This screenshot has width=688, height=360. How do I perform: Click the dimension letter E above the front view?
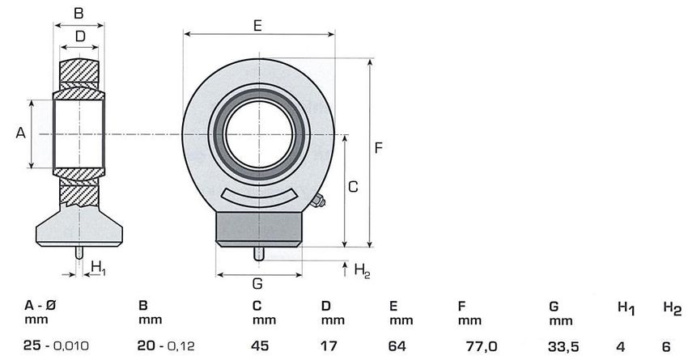257,25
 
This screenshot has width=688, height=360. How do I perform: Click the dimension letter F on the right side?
378,148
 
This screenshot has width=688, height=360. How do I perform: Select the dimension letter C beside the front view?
353,187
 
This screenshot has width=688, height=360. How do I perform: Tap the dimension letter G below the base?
257,284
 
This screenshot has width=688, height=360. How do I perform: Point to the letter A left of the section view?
20,133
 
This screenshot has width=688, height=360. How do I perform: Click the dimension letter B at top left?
79,13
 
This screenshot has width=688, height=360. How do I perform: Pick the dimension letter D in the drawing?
80,36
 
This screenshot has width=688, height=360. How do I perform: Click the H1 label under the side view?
98,268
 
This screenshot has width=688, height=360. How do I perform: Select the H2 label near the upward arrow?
362,270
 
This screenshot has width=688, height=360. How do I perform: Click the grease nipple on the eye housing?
317,201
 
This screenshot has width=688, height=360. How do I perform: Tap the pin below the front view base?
259,254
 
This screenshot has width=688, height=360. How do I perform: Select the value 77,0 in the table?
482,346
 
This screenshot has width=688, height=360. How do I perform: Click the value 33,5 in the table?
563,347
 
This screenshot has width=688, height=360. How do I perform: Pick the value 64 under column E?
397,346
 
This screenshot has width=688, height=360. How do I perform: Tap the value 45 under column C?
260,346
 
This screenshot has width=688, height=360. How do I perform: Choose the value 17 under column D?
329,346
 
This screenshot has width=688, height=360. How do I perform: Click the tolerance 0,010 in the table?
71,346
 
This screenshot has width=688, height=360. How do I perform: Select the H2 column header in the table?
672,309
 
